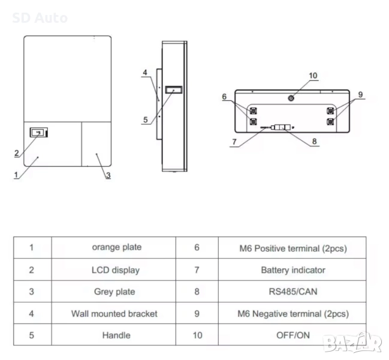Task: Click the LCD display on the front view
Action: click(x=39, y=133)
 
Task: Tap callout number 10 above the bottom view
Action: click(x=313, y=76)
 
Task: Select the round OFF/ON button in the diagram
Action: click(x=291, y=98)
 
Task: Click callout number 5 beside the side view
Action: click(x=146, y=120)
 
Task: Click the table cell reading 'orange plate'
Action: click(x=116, y=247)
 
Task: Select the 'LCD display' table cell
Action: click(x=116, y=270)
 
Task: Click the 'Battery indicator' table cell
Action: click(x=292, y=270)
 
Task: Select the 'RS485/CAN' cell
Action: click(x=292, y=292)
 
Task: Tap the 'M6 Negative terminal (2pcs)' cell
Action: click(x=292, y=313)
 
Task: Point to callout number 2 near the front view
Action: click(x=16, y=154)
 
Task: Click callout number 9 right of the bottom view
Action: click(x=360, y=94)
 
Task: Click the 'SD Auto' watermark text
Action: click(x=40, y=18)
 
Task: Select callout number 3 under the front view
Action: click(x=108, y=175)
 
